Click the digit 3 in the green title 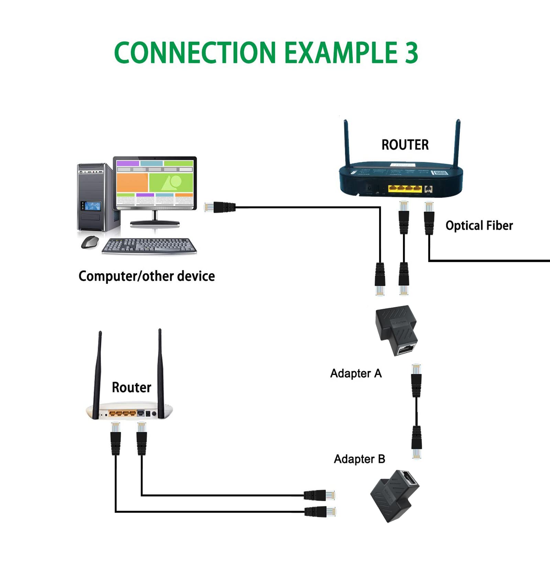pyautogui.click(x=411, y=52)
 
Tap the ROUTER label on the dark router pyautogui.click(x=405, y=145)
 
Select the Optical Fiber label pyautogui.click(x=479, y=225)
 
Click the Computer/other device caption pyautogui.click(x=147, y=276)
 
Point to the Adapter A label pyautogui.click(x=356, y=373)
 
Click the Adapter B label pyautogui.click(x=360, y=459)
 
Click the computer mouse pyautogui.click(x=90, y=242)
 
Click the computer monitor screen pyautogui.click(x=155, y=183)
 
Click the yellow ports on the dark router pyautogui.click(x=405, y=189)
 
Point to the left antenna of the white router pyautogui.click(x=97, y=375)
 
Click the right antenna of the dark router pyautogui.click(x=457, y=144)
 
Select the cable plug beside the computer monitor pyautogui.click(x=220, y=207)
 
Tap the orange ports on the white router pyautogui.click(x=122, y=414)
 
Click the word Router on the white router pyautogui.click(x=131, y=387)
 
